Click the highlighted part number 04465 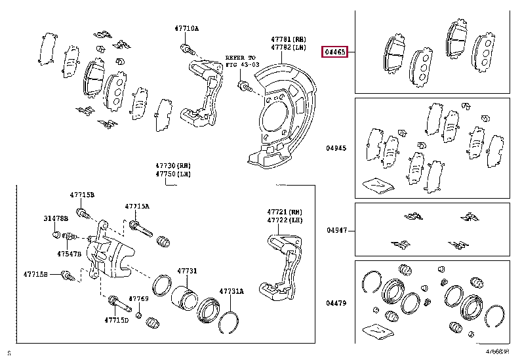[x=334, y=51]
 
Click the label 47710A [x=186, y=29]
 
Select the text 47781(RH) [x=289, y=39]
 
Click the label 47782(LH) [x=289, y=48]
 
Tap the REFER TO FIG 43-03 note [x=242, y=62]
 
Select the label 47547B [x=69, y=253]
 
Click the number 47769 [x=138, y=299]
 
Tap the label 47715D [x=116, y=320]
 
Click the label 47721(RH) [x=283, y=212]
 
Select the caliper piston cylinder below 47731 [x=183, y=295]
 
